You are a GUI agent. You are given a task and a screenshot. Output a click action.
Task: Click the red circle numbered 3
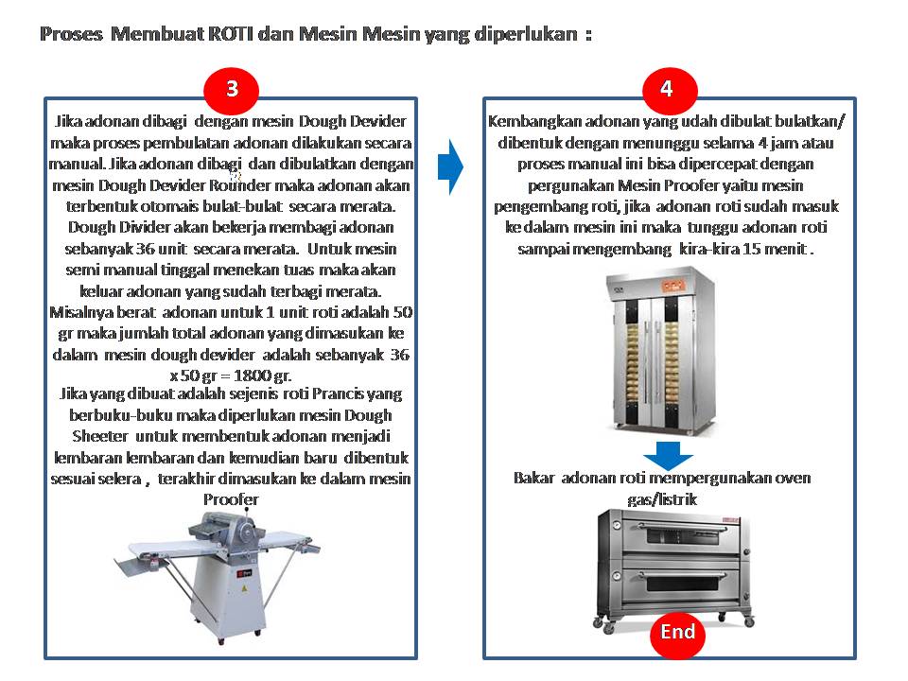231,89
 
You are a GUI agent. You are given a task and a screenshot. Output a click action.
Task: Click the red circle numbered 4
670,89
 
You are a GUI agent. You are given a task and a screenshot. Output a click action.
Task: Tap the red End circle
677,634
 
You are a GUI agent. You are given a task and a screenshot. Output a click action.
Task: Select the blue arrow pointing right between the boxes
450,166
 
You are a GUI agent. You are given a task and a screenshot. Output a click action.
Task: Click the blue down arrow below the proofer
668,455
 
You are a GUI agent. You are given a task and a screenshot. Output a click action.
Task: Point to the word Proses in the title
71,34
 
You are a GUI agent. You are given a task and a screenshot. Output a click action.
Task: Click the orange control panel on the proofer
672,286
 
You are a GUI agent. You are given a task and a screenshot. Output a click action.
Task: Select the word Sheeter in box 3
100,436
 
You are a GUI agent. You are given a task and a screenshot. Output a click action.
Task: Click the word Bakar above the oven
533,478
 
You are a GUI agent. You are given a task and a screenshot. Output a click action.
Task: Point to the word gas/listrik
662,499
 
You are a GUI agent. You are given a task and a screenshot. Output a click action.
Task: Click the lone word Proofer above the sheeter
231,499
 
